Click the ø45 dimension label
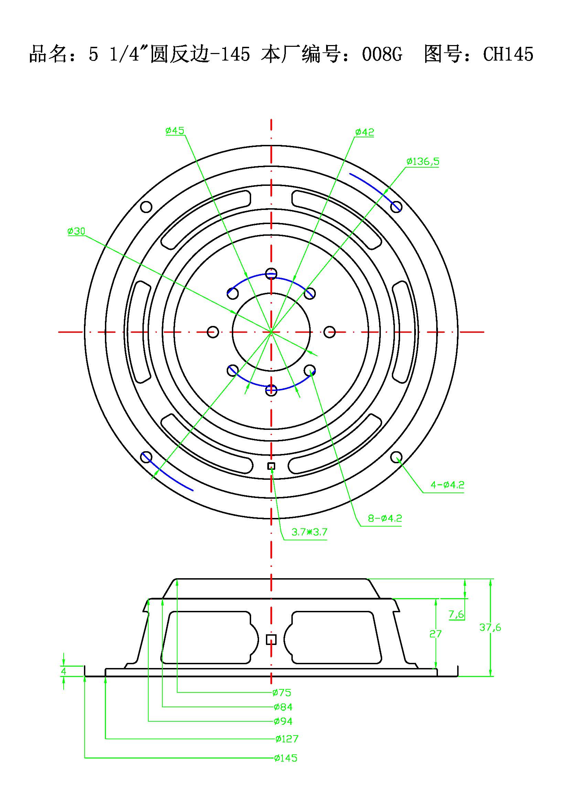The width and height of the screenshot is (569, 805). pos(175,131)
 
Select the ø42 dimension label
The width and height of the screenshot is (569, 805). pos(364,132)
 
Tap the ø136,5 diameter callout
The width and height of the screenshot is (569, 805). pos(422,162)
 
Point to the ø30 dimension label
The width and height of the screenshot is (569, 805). pos(76,231)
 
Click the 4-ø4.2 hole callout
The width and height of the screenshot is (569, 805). pos(448,485)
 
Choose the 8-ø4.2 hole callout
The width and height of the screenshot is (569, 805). pos(385,518)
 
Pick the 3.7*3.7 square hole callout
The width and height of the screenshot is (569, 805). pos(309,532)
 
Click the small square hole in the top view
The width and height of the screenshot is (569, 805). pos(271,466)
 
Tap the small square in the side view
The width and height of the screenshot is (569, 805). pos(271,639)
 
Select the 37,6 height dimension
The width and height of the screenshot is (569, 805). pos(490,627)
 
